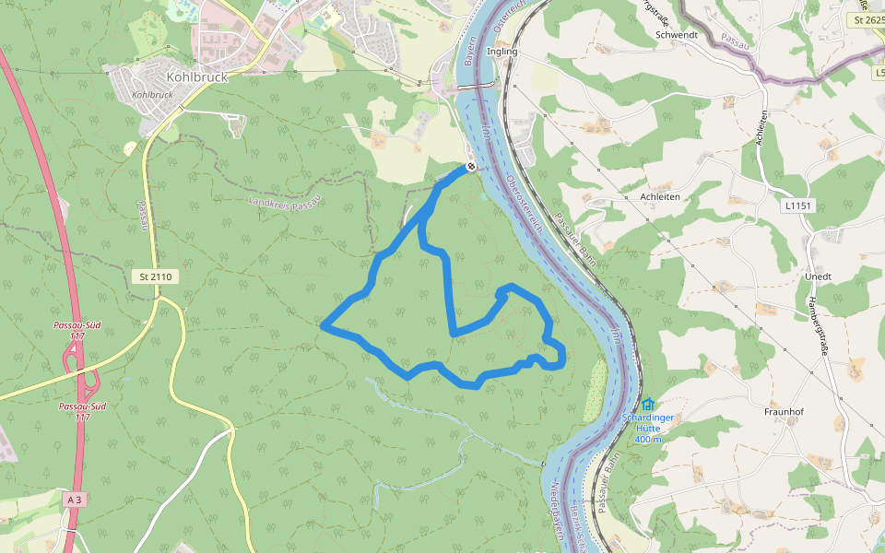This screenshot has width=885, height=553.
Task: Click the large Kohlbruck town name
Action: coord(197,77)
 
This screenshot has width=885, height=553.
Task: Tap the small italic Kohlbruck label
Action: coord(153,95)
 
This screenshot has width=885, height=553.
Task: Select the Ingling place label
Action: coord(502,52)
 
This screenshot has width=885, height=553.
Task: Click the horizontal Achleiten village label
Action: coord(660,196)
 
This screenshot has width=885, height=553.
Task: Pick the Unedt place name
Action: coord(818,276)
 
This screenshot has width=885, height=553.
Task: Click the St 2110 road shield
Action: coord(156,276)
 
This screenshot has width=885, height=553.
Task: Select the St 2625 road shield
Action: coord(868,19)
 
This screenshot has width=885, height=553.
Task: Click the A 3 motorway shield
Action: coord(75,499)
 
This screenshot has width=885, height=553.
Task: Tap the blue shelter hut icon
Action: coord(647,404)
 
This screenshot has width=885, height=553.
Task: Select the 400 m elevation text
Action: coord(648,439)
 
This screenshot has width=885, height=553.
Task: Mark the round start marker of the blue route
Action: coord(470,167)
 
